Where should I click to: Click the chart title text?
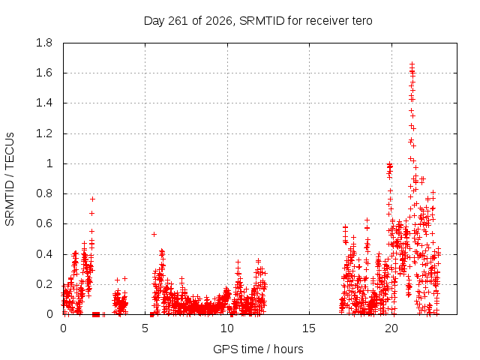(258, 21)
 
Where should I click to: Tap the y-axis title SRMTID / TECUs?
(10, 179)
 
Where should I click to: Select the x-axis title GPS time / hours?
(258, 349)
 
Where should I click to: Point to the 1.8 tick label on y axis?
(44, 43)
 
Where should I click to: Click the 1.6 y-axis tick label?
(44, 73)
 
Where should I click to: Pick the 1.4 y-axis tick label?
(44, 103)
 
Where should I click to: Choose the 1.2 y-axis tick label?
(44, 133)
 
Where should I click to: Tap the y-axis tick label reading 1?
(49, 163)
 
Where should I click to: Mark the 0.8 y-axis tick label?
(44, 193)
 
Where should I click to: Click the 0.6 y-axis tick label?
(44, 223)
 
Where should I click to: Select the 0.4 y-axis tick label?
(44, 254)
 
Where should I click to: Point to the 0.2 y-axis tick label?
(44, 284)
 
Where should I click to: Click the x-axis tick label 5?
(145, 328)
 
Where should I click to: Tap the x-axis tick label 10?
(227, 328)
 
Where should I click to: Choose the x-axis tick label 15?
(309, 328)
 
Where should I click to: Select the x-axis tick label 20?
(391, 328)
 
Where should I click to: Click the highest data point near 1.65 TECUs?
(412, 64)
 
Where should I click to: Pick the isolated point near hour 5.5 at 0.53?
(154, 235)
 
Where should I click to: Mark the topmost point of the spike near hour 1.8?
(92, 199)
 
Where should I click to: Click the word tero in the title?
(362, 21)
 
